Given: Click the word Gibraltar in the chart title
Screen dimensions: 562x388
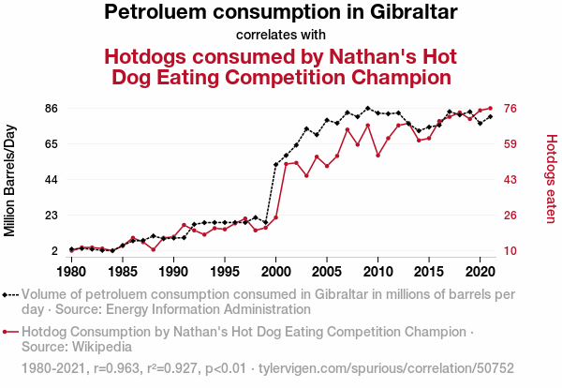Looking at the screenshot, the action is point(414,11).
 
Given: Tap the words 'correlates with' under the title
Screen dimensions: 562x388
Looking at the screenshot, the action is point(281,35).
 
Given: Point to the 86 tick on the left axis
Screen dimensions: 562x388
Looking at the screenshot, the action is point(52,109).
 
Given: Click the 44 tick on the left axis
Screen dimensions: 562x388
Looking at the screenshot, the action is point(52,180).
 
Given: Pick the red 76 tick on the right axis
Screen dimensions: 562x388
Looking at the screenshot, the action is point(510,109).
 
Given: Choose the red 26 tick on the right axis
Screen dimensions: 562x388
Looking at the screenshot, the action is point(510,216).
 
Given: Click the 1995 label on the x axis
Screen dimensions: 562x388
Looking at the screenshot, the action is point(225,272).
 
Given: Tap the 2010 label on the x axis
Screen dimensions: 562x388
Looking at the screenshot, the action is point(377,272).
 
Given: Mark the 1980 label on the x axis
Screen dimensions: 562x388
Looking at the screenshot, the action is point(72,272).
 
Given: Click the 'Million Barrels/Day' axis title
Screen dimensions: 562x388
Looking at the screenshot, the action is point(9,180).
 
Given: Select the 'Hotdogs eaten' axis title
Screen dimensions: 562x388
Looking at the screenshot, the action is point(552,179).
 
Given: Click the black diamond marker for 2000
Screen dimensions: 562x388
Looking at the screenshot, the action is point(275,165).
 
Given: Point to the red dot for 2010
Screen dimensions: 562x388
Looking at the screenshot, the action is point(377,156).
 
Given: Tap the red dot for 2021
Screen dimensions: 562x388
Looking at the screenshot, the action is point(490,109).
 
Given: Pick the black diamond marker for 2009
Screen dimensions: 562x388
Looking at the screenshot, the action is point(368,108).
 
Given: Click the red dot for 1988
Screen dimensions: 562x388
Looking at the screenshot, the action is point(154,249).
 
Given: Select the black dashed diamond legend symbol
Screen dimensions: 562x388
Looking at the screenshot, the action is point(10,295).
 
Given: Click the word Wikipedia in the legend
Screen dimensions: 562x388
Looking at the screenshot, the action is point(102,347).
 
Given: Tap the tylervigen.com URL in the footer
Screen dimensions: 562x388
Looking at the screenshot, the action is point(386,368).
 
